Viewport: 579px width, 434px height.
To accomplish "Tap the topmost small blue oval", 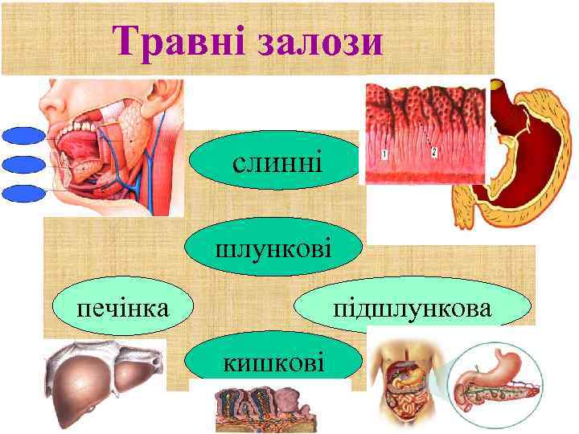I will (x=23, y=136).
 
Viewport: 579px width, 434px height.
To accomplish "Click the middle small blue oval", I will (x=23, y=165).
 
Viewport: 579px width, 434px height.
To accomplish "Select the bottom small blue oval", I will (x=23, y=193).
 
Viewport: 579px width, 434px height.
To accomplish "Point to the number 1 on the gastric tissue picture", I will (x=385, y=153).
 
